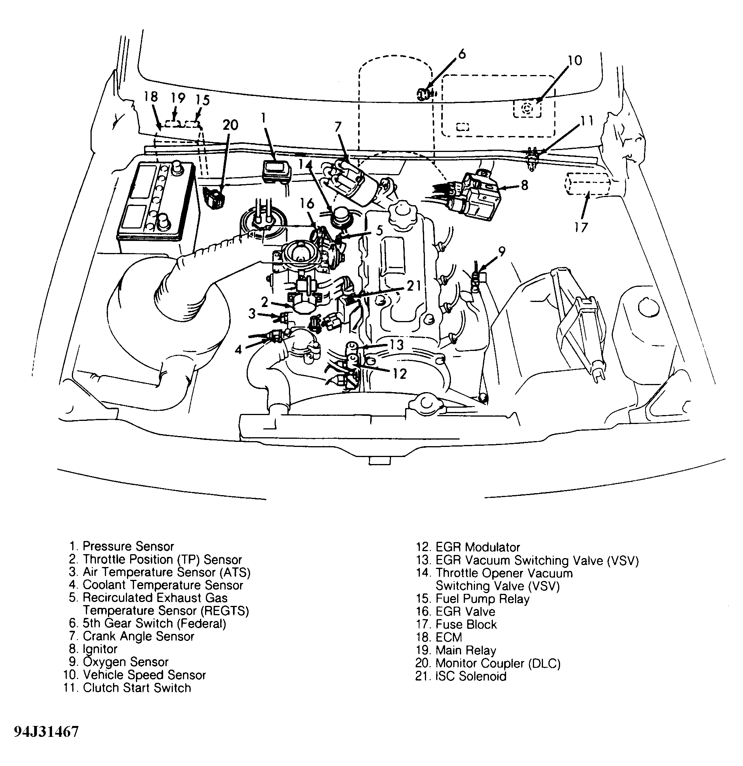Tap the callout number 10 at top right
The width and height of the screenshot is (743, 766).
coord(574,61)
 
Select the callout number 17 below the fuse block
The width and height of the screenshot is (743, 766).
coord(581,227)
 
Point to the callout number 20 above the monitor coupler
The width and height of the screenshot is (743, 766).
coord(230,125)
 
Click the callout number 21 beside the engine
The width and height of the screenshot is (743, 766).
coord(414,286)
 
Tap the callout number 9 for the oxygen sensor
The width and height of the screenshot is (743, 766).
coord(501,252)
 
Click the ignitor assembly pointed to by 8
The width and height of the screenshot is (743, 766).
coord(477,195)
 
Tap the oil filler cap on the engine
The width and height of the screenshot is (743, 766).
coord(402,213)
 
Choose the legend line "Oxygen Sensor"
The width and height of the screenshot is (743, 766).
coord(125,662)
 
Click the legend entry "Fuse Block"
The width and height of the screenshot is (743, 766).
coord(466,625)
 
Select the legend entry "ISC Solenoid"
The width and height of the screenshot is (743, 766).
coord(470,676)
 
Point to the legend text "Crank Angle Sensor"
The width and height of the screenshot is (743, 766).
coord(138,636)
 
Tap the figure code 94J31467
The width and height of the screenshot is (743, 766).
coord(46,732)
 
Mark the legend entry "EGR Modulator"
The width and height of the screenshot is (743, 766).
coord(477,547)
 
